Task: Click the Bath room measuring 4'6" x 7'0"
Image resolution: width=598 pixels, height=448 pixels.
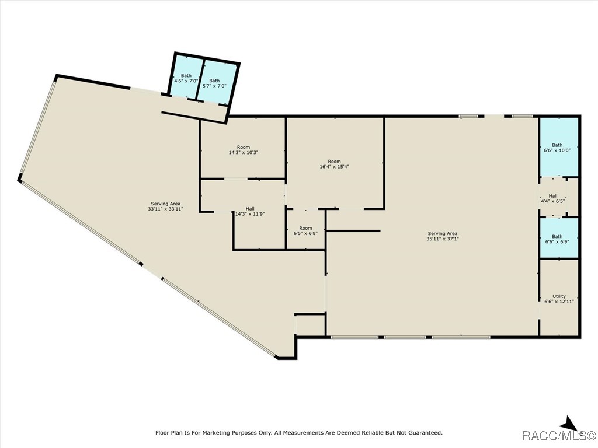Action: coord(186,78)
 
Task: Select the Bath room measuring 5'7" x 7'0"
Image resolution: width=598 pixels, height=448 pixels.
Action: coord(215,83)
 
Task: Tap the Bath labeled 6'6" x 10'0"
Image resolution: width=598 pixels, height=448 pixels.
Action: coord(558,148)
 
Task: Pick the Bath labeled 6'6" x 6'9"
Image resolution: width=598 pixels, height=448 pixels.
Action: coord(558,239)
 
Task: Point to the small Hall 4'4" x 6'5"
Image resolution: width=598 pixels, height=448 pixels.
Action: coord(552,198)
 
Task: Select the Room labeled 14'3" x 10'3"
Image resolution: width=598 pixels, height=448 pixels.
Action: coord(243,149)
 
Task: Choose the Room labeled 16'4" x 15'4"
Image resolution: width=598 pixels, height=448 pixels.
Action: coord(334,163)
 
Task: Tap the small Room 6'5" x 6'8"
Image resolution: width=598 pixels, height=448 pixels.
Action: coord(305,231)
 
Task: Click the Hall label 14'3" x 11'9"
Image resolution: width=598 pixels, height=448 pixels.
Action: coord(249,211)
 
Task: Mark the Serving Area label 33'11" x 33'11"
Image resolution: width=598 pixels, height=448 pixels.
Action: coord(166,206)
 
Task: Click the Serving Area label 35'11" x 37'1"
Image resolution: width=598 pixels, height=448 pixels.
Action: coord(442,236)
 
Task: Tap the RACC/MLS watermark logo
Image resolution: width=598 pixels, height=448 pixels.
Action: coord(558,436)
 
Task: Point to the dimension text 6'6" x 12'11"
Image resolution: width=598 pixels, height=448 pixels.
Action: coord(559,302)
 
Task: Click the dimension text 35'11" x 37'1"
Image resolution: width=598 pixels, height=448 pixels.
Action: coord(442,239)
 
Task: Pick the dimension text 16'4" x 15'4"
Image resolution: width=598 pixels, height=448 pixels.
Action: coord(334,166)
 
